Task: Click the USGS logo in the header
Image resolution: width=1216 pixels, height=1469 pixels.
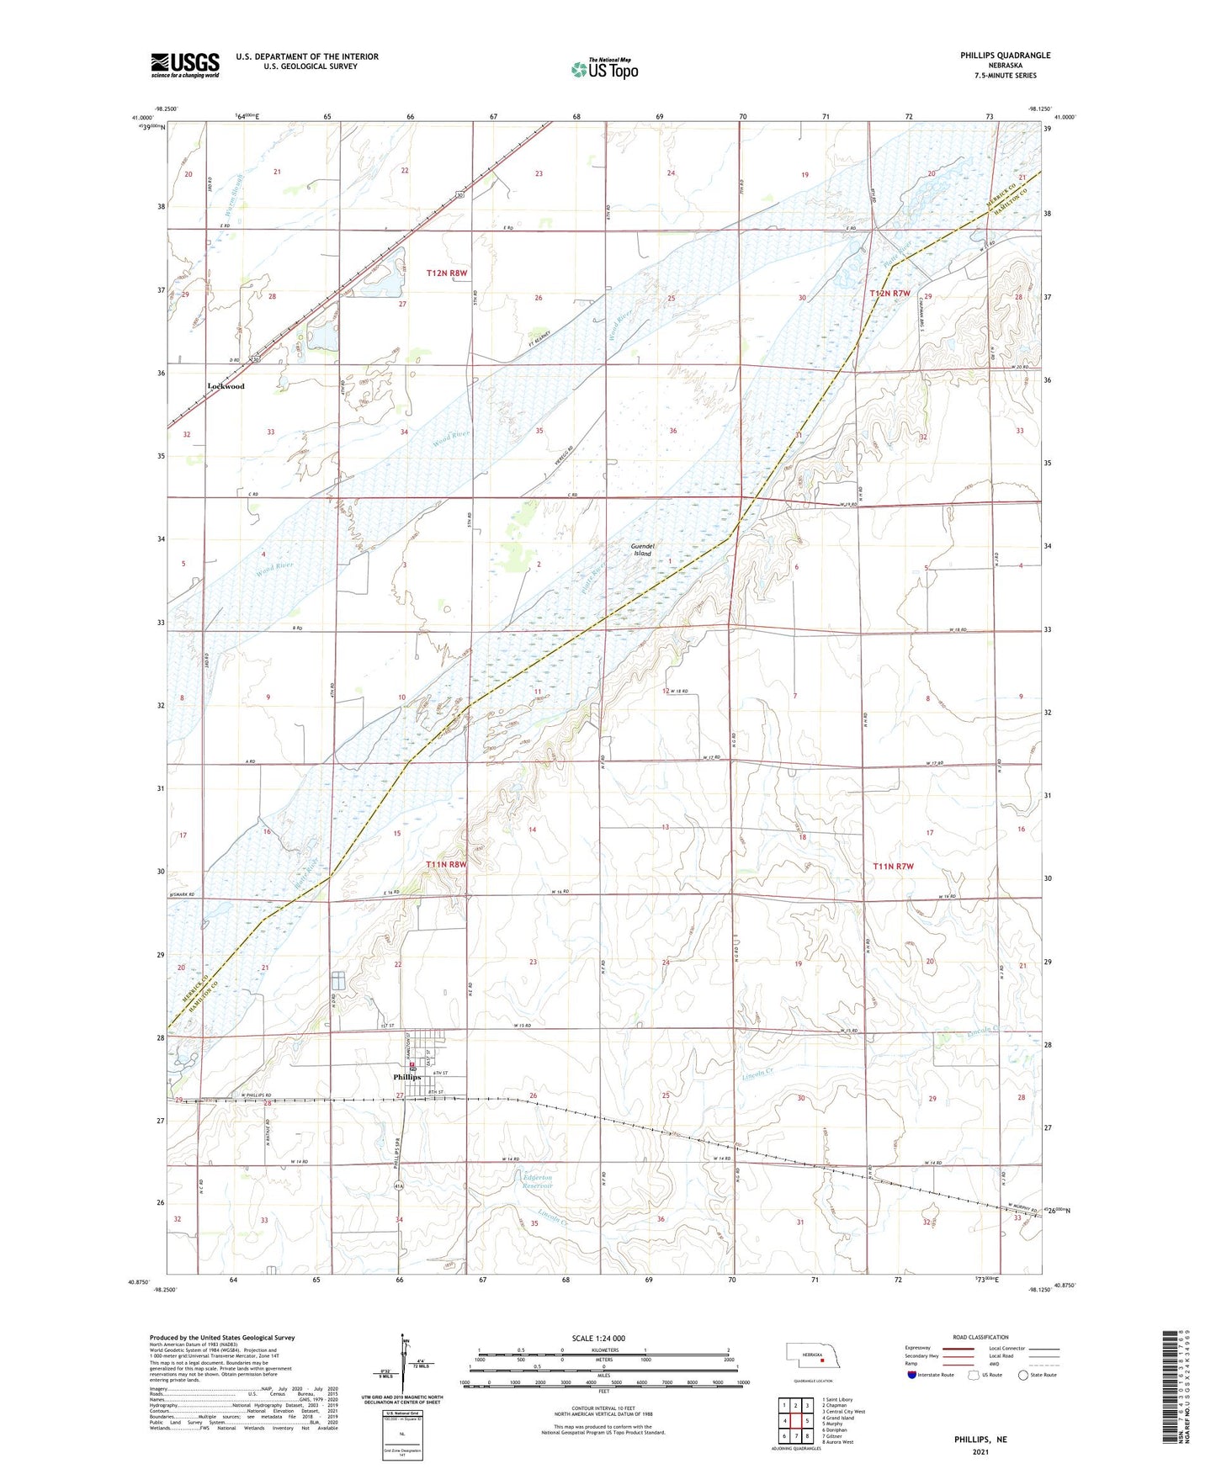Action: coord(185,65)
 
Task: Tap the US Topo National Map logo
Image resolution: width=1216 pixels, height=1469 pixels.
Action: coord(604,68)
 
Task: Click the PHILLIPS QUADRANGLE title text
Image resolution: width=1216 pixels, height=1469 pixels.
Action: coord(1005,56)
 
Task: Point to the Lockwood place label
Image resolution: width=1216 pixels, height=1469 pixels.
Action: coord(226,386)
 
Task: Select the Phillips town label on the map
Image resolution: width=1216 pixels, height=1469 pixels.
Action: coord(407,1077)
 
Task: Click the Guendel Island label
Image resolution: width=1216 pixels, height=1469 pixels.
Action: coord(642,549)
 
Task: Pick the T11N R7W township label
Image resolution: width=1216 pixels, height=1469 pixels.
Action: coord(893,867)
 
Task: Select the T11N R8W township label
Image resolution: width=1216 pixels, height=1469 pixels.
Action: coord(446,864)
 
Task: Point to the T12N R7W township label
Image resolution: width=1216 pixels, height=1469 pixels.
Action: coord(890,293)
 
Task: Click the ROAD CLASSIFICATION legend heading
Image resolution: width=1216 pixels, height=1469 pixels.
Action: coord(980,1337)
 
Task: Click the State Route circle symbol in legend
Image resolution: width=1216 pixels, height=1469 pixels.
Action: coord(1023,1375)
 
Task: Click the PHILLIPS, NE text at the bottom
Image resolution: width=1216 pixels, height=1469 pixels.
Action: coord(980,1440)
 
